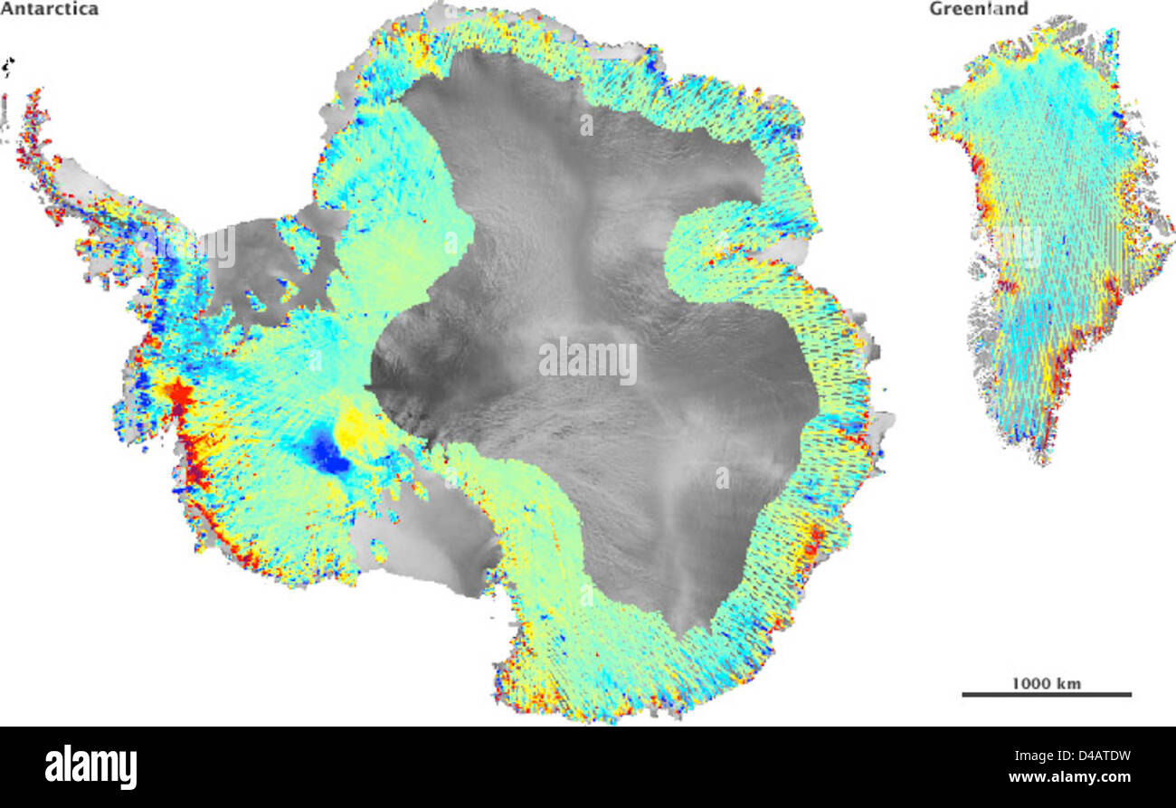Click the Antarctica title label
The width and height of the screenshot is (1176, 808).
click(x=50, y=9)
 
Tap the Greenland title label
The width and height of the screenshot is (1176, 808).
click(x=979, y=9)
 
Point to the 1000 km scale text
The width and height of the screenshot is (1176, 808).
click(x=1046, y=682)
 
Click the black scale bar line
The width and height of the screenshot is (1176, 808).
click(x=1046, y=695)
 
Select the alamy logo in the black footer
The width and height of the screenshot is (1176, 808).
click(x=90, y=767)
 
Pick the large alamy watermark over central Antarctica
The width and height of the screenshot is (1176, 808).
click(x=588, y=360)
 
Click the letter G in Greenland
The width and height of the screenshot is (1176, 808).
click(x=935, y=9)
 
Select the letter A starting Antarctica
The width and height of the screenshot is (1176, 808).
click(x=6, y=9)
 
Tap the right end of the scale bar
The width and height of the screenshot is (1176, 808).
click(x=1130, y=695)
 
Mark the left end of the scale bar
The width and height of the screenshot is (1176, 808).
click(x=963, y=695)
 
